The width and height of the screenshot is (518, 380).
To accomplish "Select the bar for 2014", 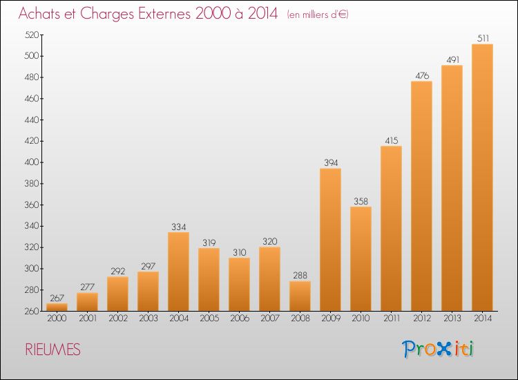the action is [x=482, y=178].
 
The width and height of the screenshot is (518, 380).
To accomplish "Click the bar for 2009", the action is [x=330, y=240].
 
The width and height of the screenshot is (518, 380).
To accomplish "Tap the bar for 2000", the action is [x=57, y=307].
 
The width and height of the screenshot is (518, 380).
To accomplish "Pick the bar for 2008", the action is [x=300, y=296].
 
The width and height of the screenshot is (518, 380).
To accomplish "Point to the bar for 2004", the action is [x=178, y=272].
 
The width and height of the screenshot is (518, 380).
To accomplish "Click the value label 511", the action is [x=483, y=38].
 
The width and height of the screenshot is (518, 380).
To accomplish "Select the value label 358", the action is [x=361, y=201].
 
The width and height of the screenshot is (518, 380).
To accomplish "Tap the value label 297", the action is [x=148, y=266].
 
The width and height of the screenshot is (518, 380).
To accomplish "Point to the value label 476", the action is [x=422, y=76].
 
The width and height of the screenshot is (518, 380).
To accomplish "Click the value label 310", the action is [x=239, y=252].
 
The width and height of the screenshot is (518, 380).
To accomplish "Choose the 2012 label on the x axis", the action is [x=422, y=319].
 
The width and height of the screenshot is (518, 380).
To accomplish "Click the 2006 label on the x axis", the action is [x=240, y=319].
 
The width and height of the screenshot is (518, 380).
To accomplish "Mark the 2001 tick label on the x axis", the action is [x=88, y=319].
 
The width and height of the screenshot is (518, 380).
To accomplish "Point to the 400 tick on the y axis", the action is [x=32, y=162].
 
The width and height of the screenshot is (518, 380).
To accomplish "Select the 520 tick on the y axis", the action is [x=32, y=35].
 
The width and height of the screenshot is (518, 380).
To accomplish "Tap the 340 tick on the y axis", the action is [x=32, y=226].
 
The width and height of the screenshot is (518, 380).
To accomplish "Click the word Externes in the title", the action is [x=164, y=13].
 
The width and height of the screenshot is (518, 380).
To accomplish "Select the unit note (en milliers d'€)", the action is [x=318, y=15].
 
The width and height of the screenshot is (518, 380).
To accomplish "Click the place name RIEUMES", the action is [x=53, y=350].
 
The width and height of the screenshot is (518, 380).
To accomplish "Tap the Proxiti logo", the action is [x=438, y=349].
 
